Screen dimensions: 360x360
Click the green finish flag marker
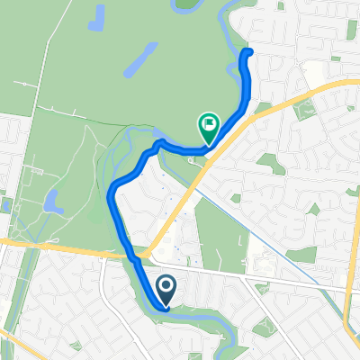pos(208,122)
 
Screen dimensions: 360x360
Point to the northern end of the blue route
pos(247,52)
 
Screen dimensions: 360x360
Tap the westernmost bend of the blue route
pos(112,189)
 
